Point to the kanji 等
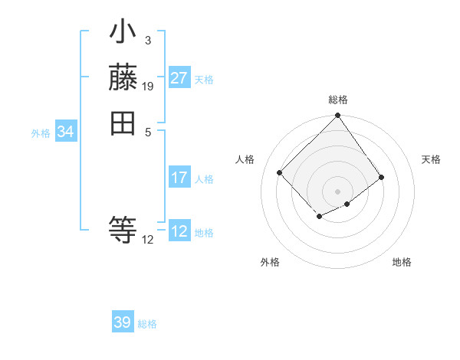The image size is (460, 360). pos(123,229)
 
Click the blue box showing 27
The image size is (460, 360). pos(179,78)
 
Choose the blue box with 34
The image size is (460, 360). pos(65,132)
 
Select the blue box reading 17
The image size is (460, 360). pos(179,178)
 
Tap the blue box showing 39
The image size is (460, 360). pos(123,322)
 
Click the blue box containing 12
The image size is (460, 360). pos(179,232)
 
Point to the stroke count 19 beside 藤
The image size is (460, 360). pos(148,87)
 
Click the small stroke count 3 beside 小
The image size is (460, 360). pos(147,40)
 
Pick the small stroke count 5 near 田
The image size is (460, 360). pos(147,132)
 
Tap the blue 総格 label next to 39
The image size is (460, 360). pos(147,324)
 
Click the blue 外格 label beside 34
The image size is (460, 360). pos(41,133)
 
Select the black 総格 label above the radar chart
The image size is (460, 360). pos(338,100)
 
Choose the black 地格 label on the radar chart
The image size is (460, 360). pos(402,262)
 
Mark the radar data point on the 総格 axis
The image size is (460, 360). pos(338,116)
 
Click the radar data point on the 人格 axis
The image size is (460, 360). pos(280,172)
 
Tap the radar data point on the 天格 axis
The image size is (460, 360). pos(382,177)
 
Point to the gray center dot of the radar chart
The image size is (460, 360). pos(338,191)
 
